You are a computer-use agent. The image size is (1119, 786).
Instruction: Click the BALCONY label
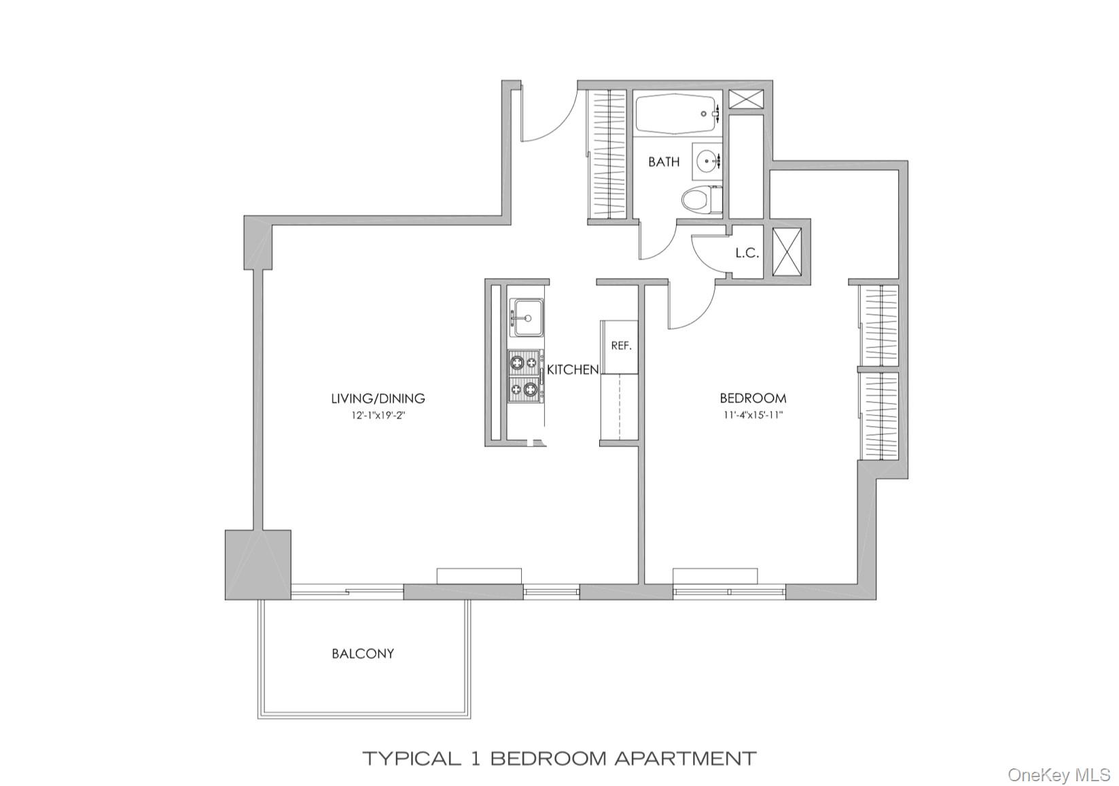(363, 654)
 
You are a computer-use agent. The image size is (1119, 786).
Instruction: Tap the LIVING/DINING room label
(378, 399)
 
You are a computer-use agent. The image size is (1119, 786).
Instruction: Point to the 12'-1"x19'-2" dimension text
(378, 415)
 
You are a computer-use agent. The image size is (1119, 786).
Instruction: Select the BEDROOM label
(753, 399)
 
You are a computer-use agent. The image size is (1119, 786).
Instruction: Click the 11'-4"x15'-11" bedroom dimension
(753, 415)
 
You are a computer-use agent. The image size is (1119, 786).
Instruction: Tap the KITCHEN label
(573, 370)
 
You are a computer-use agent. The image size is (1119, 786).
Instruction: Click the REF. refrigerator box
(621, 346)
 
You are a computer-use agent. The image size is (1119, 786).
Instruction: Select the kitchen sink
(527, 318)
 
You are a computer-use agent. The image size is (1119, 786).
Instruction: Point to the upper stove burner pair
(525, 363)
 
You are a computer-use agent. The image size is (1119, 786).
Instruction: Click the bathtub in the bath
(676, 114)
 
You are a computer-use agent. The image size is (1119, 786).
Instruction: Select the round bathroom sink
(708, 161)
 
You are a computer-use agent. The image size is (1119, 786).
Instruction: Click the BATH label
(663, 162)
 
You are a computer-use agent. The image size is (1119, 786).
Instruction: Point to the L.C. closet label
(747, 253)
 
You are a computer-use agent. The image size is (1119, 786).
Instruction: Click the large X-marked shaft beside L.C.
(787, 252)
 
